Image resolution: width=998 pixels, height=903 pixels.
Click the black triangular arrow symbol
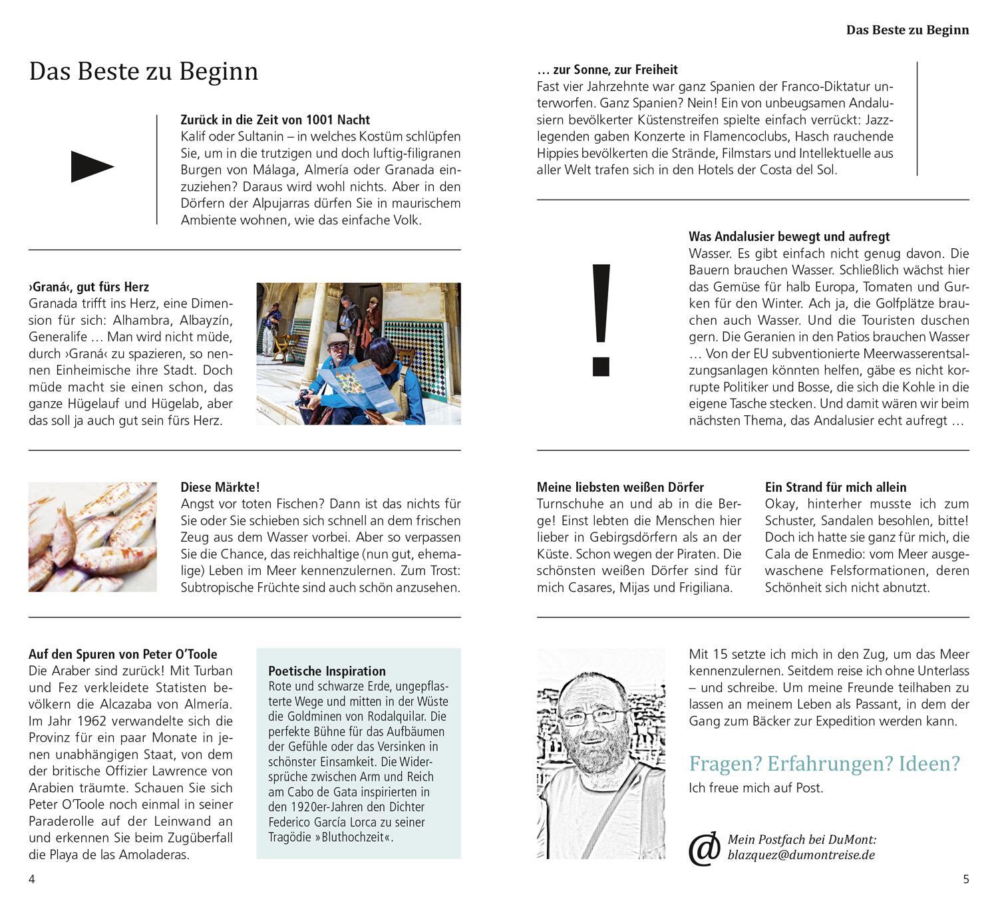click(92, 166)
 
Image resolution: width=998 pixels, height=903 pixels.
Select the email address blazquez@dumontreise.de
click(801, 856)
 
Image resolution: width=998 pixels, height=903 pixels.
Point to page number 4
click(31, 879)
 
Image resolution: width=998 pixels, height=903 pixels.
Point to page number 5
click(966, 879)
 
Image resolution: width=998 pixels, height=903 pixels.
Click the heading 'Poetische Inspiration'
click(327, 671)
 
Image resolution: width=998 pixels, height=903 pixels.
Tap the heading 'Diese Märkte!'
click(220, 487)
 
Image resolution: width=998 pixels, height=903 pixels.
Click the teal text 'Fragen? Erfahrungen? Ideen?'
click(824, 763)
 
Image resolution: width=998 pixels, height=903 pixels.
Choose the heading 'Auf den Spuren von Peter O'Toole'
click(123, 654)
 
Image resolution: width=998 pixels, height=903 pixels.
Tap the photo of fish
click(92, 536)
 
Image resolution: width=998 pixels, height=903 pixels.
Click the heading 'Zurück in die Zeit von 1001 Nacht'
click(275, 120)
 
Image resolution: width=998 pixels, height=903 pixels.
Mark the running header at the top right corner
click(908, 30)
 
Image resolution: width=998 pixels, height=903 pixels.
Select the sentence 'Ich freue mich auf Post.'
click(756, 788)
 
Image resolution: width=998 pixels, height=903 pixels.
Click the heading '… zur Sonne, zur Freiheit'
click(607, 69)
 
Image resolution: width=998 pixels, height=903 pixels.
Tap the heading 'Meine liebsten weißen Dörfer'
click(620, 487)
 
